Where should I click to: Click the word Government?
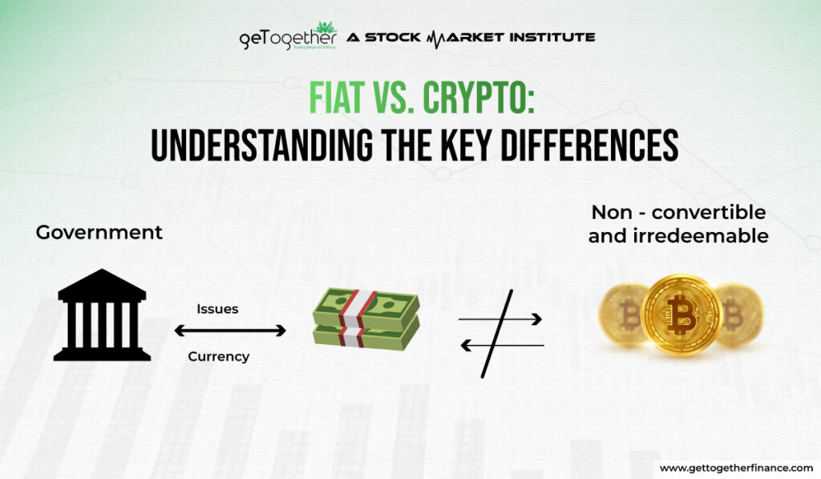(99, 233)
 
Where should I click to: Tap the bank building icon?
(102, 315)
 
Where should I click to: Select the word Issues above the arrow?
(217, 309)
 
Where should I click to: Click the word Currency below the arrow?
(219, 356)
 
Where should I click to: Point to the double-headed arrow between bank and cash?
(230, 331)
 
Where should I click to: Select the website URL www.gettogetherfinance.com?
(736, 467)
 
